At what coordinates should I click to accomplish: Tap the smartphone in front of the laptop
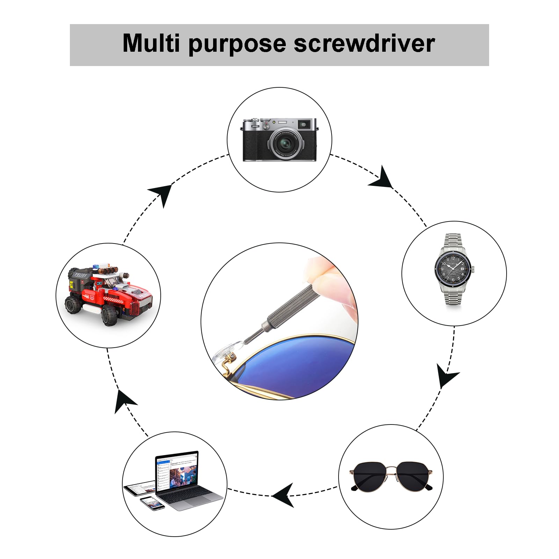click(152, 503)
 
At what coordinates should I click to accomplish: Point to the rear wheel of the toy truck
click(73, 305)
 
